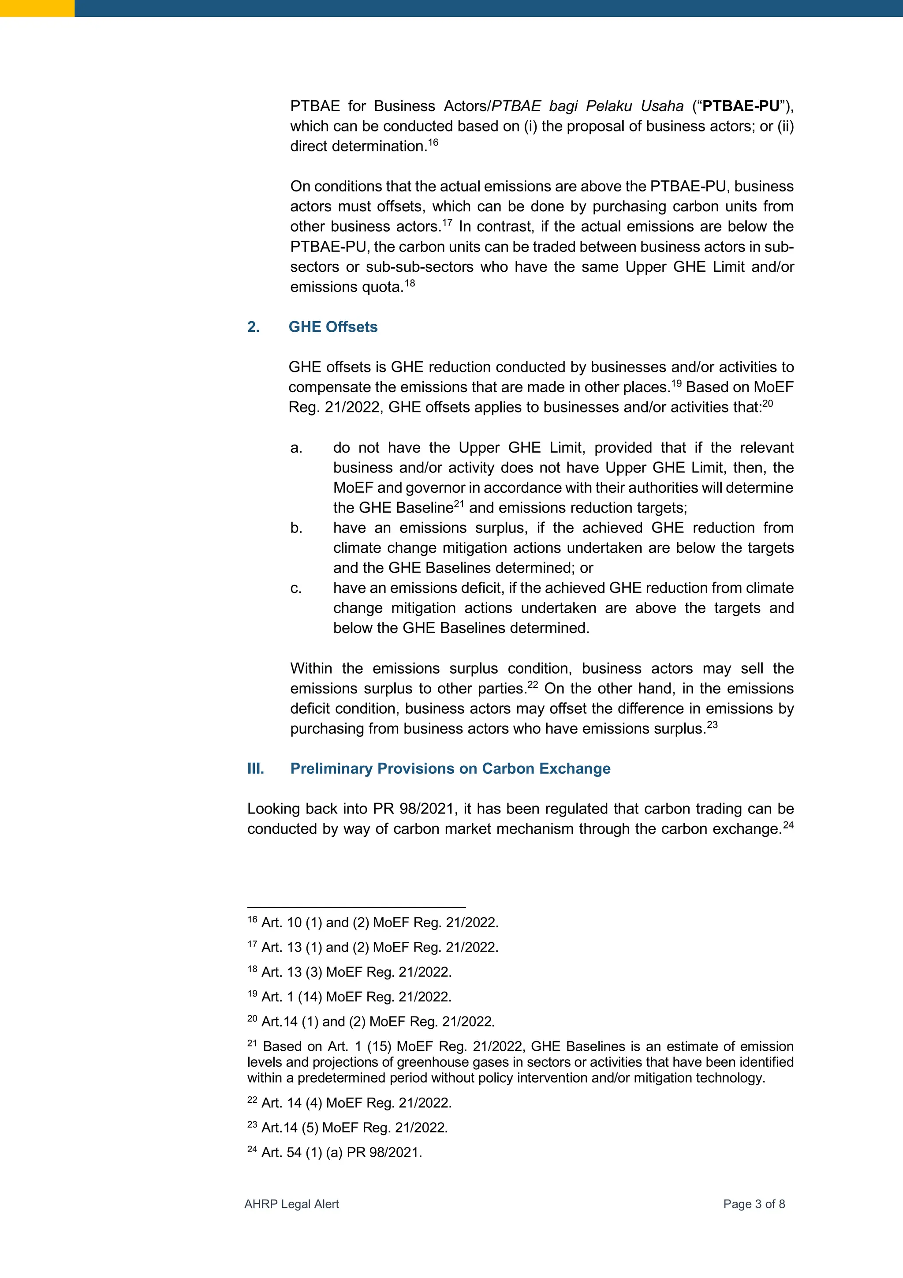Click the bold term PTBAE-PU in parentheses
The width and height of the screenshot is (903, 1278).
741,106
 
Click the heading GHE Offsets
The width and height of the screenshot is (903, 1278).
333,327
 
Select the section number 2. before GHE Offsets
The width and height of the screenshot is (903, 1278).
254,327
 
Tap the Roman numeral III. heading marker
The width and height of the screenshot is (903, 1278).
255,768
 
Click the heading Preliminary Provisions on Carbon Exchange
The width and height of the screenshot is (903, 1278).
450,768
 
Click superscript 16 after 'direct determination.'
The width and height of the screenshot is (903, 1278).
433,142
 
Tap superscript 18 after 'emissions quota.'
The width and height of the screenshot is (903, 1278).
410,283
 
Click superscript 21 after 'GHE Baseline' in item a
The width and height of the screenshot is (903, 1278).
459,504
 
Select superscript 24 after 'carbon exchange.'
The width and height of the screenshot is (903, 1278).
788,825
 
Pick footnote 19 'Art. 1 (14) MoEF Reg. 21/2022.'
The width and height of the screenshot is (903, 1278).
356,997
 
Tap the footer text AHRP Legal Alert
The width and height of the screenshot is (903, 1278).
291,1204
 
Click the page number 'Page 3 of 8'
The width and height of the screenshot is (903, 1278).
754,1204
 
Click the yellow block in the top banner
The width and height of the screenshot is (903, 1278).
37,8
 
